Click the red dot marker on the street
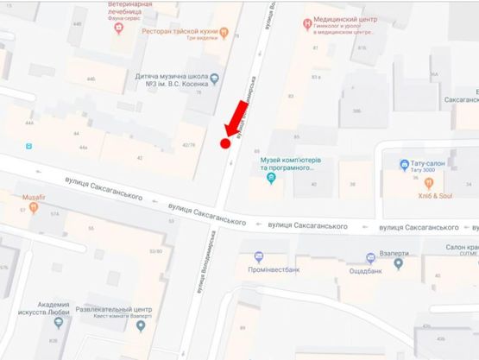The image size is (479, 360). click(x=226, y=144)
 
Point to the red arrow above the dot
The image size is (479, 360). click(x=235, y=117)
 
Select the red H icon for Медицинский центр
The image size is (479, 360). click(x=307, y=23)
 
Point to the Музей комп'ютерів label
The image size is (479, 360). click(x=292, y=164)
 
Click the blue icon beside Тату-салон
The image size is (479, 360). click(x=403, y=164)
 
